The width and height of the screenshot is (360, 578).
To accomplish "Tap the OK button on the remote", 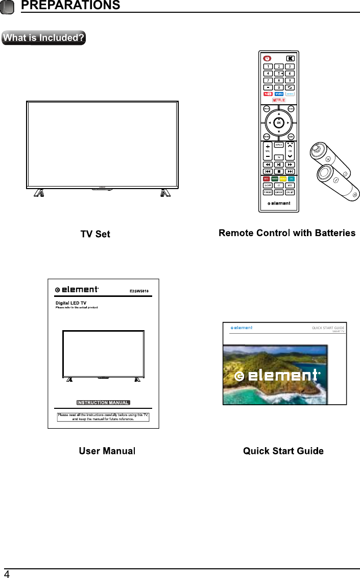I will tap(278, 123).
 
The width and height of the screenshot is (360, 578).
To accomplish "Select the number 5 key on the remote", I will tap(279, 73).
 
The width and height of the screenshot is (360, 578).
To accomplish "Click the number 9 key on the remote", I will tap(290, 80).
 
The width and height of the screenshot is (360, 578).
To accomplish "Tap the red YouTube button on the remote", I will tap(268, 94).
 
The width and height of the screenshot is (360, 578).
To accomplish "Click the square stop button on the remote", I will tap(279, 172).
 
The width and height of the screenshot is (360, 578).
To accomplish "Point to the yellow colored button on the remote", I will tap(279, 179).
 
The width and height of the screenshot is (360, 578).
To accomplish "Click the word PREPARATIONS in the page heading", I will tap(71, 6).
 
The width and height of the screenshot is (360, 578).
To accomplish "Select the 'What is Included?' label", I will tap(43, 38).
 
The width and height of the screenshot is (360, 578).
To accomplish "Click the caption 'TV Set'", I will tap(95, 234).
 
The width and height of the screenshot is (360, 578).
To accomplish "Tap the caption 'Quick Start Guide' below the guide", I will tap(283, 451).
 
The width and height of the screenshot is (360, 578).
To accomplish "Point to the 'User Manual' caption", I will tap(107, 451).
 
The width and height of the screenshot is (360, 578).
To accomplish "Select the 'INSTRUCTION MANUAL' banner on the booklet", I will tap(103, 403).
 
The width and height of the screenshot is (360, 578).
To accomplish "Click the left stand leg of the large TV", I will tap(39, 193).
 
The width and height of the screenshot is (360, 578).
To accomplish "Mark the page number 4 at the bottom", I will tap(7, 572).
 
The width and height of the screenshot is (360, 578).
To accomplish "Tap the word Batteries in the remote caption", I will tap(335, 233).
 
